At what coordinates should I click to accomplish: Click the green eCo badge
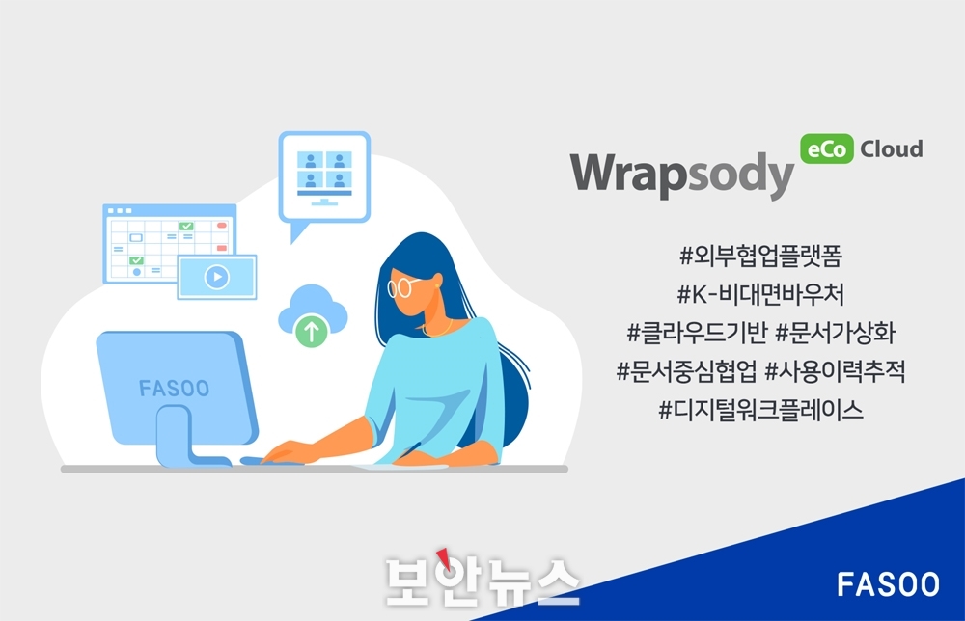827,148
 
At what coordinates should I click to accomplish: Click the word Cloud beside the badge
891,148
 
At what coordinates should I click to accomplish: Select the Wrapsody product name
682,174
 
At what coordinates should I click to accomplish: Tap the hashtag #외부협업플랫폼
760,256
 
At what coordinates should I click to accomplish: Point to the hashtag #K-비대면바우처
760,294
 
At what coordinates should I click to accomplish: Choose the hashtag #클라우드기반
697,333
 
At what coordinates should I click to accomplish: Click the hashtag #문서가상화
835,333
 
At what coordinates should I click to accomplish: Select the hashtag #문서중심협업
686,371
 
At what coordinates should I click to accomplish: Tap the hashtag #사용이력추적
835,371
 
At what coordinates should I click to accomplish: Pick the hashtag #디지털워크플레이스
760,410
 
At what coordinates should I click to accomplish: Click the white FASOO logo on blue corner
888,584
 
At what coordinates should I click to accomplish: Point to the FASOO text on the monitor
174,389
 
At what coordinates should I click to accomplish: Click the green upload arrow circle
312,331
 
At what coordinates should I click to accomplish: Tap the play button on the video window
216,277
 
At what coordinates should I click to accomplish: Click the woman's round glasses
400,287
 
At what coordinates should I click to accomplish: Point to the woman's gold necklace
438,329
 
